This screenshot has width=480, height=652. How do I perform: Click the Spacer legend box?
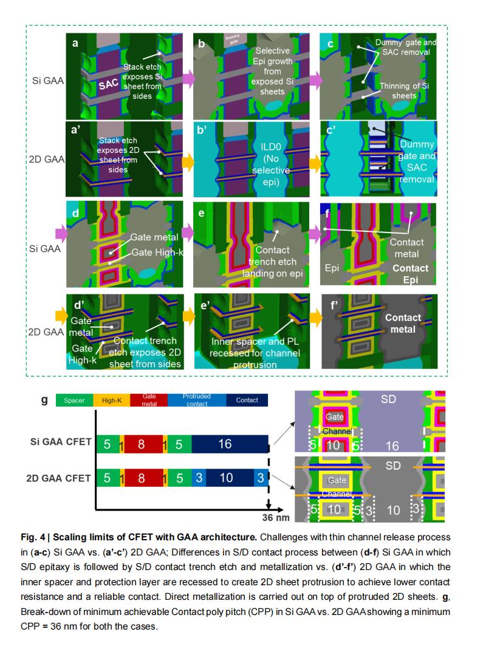(75, 400)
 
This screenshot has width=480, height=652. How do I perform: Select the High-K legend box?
(112, 400)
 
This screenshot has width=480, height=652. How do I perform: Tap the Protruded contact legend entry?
(197, 400)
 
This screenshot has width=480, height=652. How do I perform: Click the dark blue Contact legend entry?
(247, 400)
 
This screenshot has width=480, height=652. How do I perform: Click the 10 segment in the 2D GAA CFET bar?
(226, 478)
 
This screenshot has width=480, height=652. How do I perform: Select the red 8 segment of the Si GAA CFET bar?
(142, 444)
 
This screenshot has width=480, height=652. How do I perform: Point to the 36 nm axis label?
(276, 518)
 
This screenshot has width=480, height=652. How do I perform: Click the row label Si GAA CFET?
(61, 441)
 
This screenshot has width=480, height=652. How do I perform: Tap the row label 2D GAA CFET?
(58, 478)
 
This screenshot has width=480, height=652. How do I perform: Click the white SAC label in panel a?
(109, 84)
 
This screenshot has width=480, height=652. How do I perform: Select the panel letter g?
(44, 400)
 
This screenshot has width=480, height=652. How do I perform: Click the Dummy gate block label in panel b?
(232, 39)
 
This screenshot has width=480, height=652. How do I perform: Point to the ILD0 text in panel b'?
(270, 147)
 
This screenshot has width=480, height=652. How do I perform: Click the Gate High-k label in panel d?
(157, 253)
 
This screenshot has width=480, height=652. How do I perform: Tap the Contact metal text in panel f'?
(403, 324)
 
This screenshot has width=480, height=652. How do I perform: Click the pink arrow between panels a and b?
(188, 79)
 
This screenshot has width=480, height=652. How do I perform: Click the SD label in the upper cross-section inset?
(388, 399)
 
